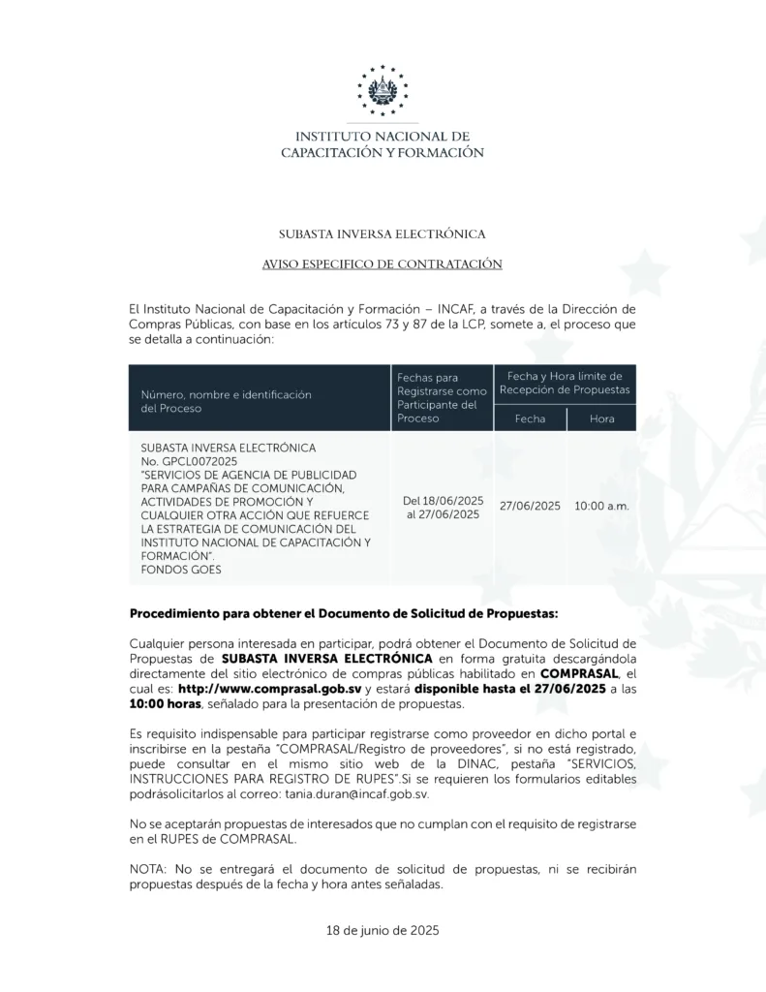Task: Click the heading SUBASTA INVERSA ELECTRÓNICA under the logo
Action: pos(383,233)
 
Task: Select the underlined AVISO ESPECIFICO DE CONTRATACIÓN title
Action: pos(383,263)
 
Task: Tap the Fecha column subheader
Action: pos(530,418)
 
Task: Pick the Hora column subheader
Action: pos(601,418)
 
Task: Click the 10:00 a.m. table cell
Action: pos(601,507)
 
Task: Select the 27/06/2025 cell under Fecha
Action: pos(530,507)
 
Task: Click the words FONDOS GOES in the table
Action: pos(181,570)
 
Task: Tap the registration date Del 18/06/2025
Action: pos(443,501)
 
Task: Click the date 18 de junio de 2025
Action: pos(383,930)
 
